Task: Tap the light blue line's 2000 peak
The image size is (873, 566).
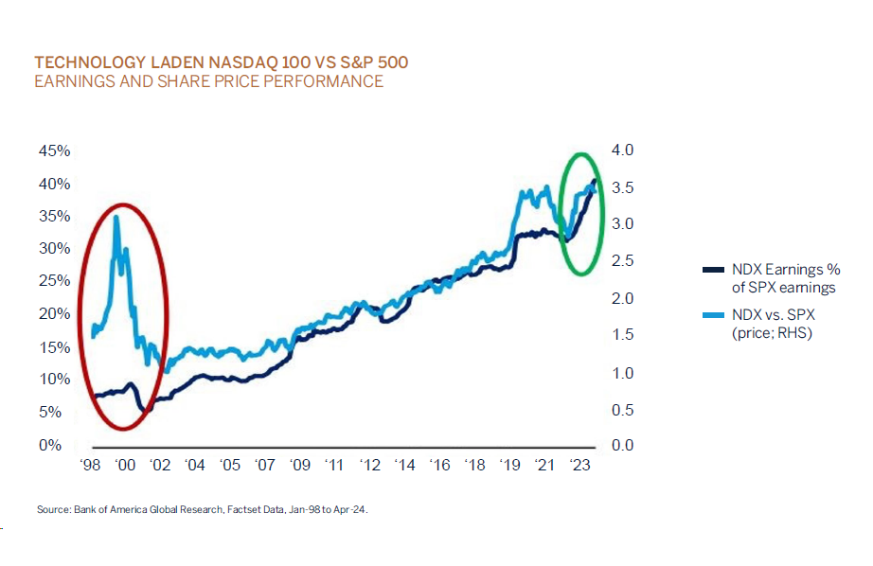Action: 116,217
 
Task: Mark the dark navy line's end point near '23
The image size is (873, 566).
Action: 595,180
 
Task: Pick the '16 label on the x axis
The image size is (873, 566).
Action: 439,466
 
